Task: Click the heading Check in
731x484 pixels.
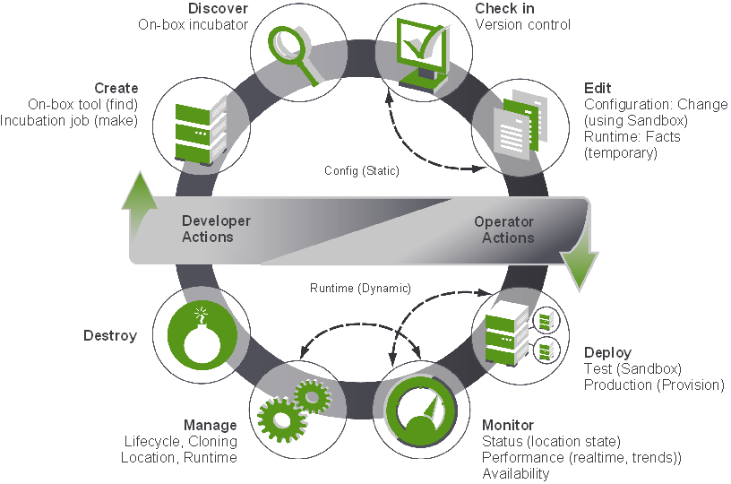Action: point(504,8)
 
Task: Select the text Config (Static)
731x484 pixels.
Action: point(362,170)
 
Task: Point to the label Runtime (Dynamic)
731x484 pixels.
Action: point(361,289)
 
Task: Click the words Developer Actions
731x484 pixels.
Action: point(216,229)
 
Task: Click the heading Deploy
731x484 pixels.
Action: point(607,352)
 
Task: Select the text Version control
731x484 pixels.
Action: point(522,24)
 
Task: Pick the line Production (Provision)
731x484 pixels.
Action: point(654,385)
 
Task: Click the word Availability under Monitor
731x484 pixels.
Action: point(515,473)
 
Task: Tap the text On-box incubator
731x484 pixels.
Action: point(193,24)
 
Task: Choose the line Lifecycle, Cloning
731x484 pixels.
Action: point(180,441)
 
